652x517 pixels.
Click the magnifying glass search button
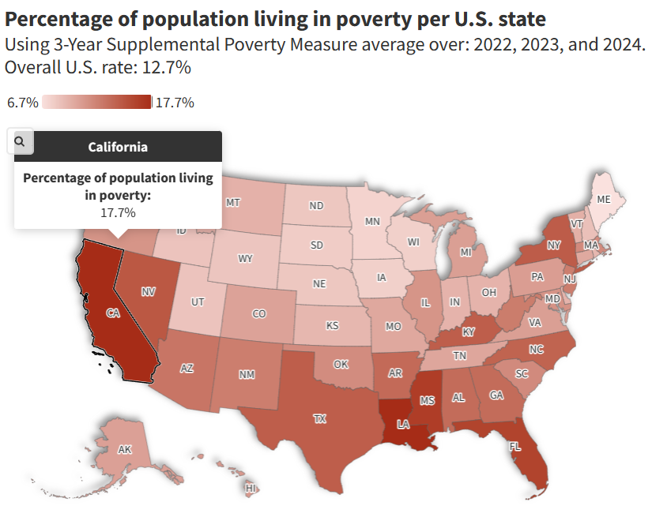click(x=20, y=141)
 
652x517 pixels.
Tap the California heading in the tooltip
click(x=118, y=147)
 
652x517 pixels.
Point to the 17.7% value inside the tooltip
click(x=118, y=212)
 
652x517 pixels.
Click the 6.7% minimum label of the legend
click(x=22, y=103)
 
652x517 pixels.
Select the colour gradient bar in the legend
click(x=96, y=103)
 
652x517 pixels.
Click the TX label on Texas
click(x=319, y=419)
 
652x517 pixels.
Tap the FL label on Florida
click(x=515, y=447)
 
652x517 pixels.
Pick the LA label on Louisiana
click(x=403, y=425)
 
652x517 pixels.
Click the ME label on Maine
click(x=603, y=200)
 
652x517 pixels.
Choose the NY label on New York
click(x=553, y=245)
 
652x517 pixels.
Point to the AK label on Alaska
click(x=124, y=449)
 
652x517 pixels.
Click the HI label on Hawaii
click(x=251, y=489)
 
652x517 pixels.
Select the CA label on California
click(x=113, y=313)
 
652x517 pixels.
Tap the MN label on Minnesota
click(x=373, y=222)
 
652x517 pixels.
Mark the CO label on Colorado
click(x=259, y=313)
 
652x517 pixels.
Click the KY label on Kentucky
click(x=469, y=332)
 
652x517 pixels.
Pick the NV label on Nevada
click(x=148, y=291)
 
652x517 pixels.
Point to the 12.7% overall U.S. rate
click(x=166, y=67)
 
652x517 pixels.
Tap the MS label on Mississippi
click(x=428, y=401)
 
